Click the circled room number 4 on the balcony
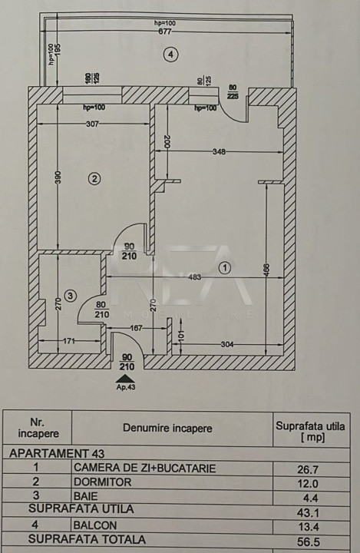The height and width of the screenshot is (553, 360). (x=171, y=55)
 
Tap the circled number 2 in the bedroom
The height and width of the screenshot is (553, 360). (x=94, y=178)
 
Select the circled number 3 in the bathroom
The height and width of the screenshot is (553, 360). (x=70, y=295)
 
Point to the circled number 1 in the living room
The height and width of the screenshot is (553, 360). (x=225, y=268)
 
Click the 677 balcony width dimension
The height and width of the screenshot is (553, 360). (x=165, y=31)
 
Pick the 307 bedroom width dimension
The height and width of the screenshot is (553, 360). (x=92, y=124)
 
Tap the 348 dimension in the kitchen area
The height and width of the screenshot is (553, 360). (x=219, y=152)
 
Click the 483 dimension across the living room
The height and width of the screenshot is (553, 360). (x=194, y=277)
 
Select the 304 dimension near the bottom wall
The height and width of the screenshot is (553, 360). (x=226, y=344)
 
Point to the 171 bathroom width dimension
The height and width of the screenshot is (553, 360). (x=69, y=341)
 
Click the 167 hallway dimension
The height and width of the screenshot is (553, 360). (x=136, y=329)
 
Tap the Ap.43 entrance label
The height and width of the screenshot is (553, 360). (x=126, y=387)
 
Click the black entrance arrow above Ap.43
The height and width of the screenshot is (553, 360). (x=126, y=379)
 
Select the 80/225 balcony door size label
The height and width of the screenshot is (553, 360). (x=233, y=91)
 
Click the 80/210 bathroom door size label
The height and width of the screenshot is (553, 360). (x=101, y=310)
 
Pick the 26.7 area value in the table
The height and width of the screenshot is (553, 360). (x=308, y=470)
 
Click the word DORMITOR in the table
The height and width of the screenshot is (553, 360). (x=102, y=482)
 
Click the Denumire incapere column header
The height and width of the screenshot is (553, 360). (x=167, y=429)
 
